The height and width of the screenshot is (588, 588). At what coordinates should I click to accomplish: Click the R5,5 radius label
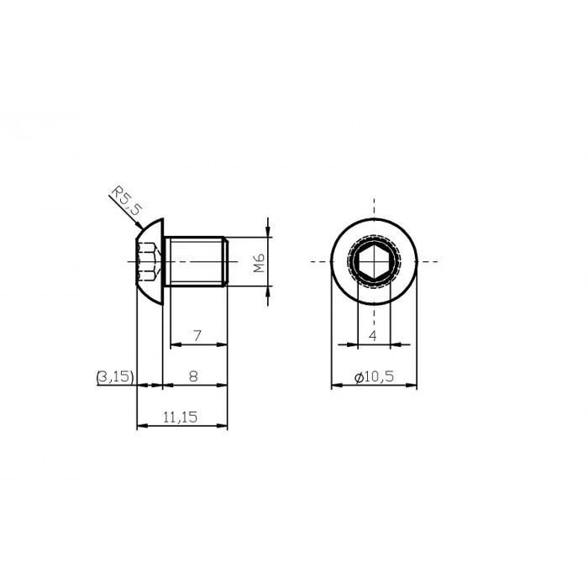124,205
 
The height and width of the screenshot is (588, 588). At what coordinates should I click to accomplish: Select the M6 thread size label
260,263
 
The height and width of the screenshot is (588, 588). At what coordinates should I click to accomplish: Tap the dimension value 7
197,335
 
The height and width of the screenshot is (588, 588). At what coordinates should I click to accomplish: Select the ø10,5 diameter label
375,377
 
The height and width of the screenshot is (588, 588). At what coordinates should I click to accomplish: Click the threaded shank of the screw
195,262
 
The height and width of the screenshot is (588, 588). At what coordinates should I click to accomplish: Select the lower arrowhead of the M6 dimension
268,292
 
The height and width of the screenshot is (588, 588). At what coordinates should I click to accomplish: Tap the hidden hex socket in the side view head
148,262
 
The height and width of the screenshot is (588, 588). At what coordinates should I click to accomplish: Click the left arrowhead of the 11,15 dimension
140,427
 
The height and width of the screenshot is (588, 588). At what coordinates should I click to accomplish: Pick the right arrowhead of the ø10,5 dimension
414,386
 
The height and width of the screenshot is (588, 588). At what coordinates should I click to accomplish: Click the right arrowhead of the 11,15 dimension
223,427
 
